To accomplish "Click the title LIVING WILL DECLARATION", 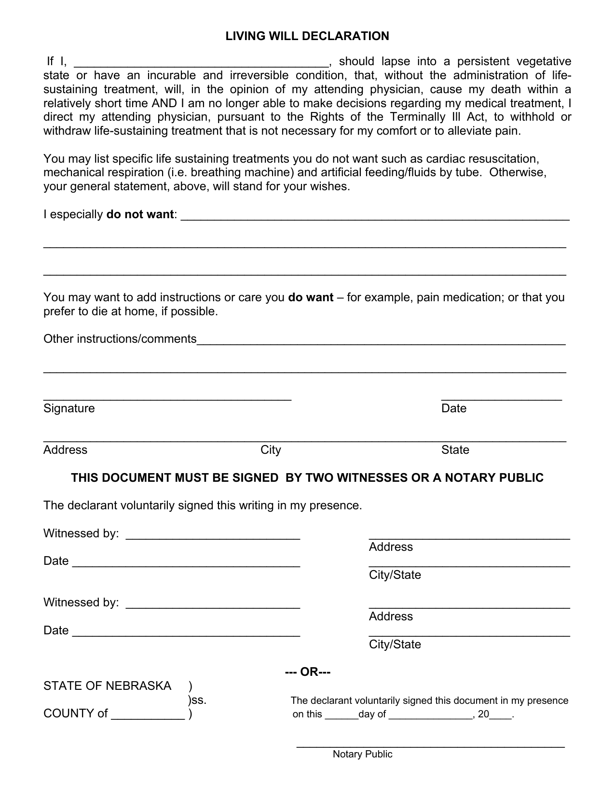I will click(307, 36).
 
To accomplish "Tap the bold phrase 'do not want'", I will click(140, 215).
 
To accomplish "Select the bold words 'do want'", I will click(311, 297).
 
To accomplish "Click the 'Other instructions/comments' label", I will click(120, 339).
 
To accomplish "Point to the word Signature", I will click(69, 408).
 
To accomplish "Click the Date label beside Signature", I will click(454, 408).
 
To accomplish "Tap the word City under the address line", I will click(271, 450).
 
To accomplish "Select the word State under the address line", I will click(455, 450).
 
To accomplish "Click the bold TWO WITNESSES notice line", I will click(307, 478).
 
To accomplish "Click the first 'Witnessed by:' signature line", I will click(213, 536).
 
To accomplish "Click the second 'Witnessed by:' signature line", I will click(213, 605).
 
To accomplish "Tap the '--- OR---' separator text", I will click(308, 672).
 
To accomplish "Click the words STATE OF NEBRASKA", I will click(107, 686).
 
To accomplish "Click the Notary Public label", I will click(362, 755).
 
